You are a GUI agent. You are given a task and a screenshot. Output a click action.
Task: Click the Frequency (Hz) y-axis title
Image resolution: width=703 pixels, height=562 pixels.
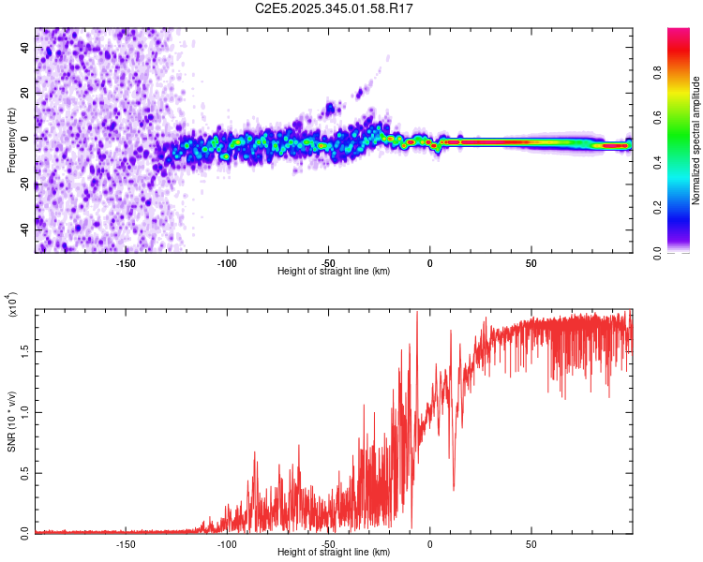point(11,140)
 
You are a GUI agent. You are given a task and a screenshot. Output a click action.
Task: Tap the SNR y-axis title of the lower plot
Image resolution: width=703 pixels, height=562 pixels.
point(11,421)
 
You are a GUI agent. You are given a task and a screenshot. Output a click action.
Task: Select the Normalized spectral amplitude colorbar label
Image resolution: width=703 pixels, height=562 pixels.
point(696,140)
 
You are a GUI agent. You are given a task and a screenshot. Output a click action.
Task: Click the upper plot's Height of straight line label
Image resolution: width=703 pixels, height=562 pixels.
point(334,271)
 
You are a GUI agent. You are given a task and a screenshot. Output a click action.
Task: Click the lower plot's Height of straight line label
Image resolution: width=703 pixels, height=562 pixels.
point(334,552)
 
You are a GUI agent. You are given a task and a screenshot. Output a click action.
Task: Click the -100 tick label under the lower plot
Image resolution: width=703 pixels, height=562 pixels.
point(226,542)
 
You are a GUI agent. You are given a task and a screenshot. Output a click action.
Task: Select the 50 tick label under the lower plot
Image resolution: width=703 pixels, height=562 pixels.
point(531,542)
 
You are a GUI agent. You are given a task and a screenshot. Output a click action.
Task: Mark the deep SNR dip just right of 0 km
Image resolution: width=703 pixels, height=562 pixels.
point(454,488)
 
